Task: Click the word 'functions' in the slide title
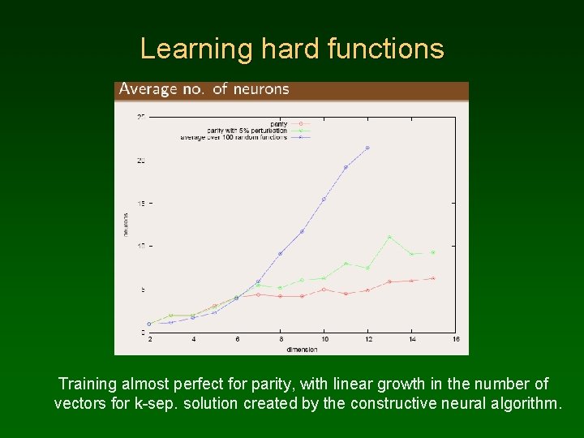(x=386, y=49)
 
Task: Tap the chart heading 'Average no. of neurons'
(x=204, y=89)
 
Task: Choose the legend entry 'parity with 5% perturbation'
(x=247, y=130)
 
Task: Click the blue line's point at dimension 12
(x=367, y=148)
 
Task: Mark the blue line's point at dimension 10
(x=324, y=199)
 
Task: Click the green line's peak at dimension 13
(x=389, y=237)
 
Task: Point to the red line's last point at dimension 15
(x=433, y=278)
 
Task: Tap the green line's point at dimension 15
(x=433, y=252)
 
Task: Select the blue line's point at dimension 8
(x=280, y=254)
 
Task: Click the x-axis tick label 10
(x=324, y=339)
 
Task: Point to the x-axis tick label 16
(x=455, y=339)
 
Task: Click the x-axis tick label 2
(x=149, y=339)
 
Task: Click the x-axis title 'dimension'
(x=301, y=349)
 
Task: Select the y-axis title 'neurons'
(x=126, y=224)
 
